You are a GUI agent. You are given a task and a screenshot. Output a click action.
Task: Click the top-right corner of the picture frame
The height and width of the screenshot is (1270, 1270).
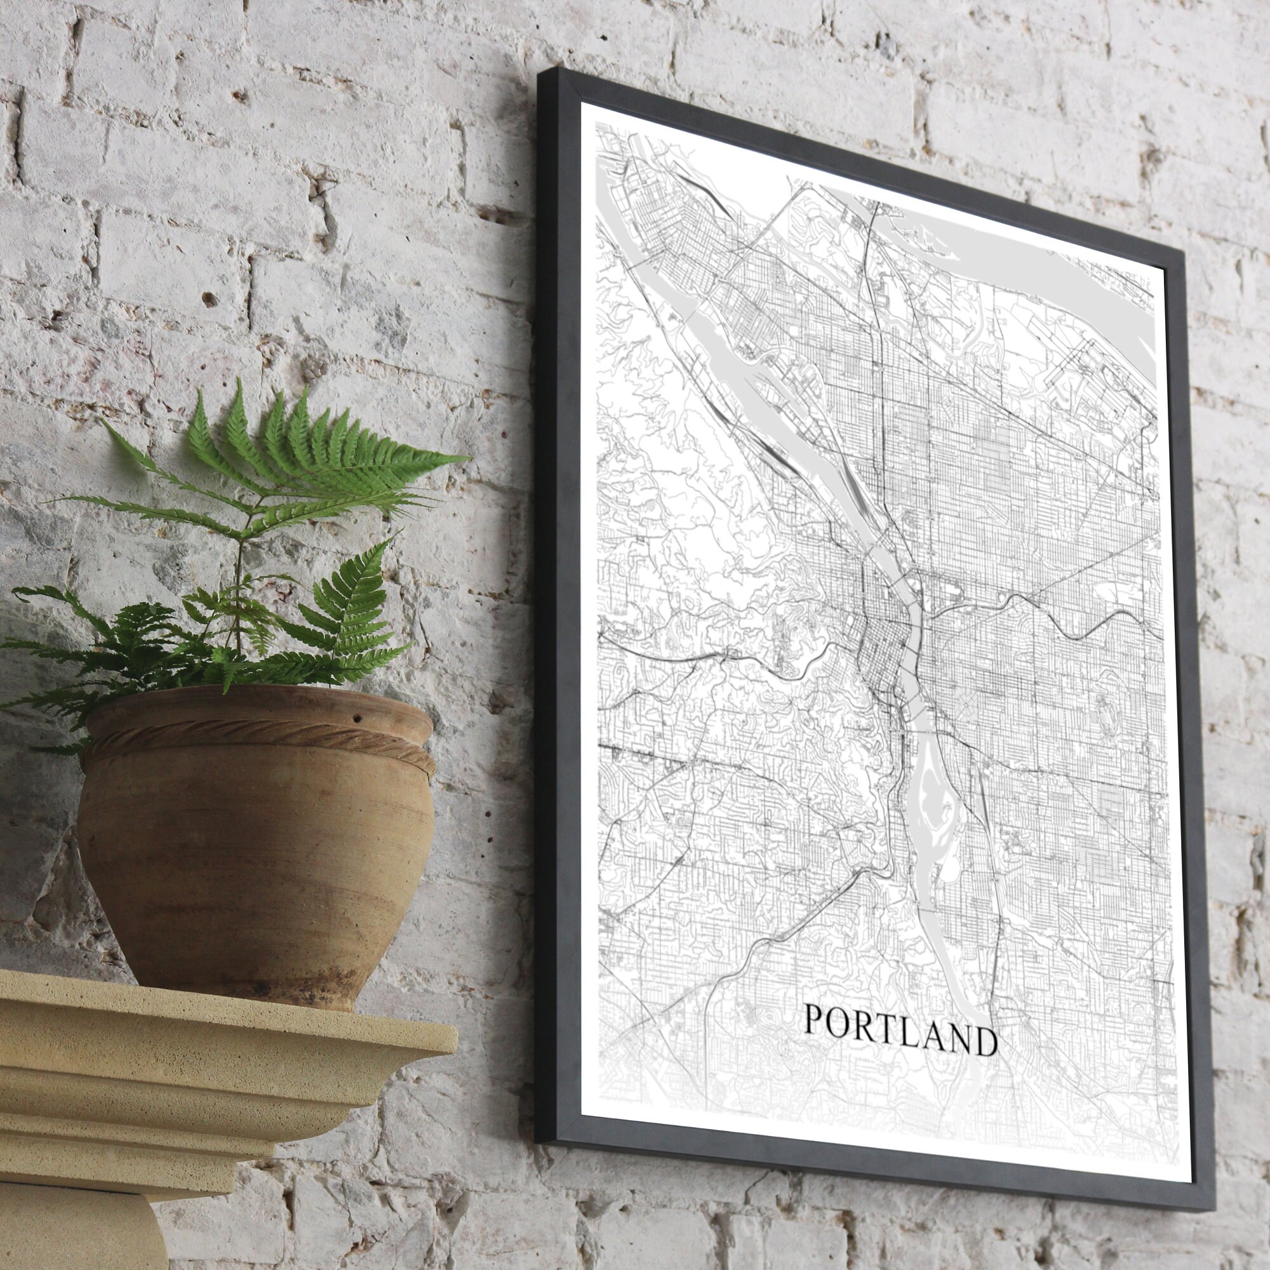pyautogui.click(x=1182, y=253)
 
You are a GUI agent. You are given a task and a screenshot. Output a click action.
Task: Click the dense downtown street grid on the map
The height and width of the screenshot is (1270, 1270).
pyautogui.click(x=884, y=651)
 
